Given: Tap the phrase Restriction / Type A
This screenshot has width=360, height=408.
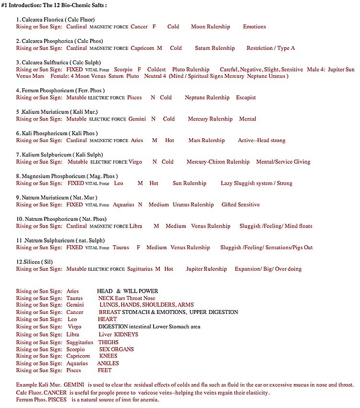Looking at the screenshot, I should pyautogui.click(x=270, y=48).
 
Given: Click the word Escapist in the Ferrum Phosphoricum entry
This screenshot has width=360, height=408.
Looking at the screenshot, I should pyautogui.click(x=246, y=97).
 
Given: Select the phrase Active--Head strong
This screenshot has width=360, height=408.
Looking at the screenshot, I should pyautogui.click(x=262, y=141).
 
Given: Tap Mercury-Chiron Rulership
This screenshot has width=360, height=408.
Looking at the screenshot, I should pyautogui.click(x=218, y=162).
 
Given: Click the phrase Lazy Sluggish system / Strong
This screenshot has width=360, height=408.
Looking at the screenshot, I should pyautogui.click(x=256, y=183).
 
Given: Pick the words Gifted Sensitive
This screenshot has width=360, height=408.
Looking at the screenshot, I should pyautogui.click(x=240, y=204).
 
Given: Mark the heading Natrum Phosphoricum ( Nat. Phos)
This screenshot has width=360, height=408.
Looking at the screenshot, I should pyautogui.click(x=61, y=219).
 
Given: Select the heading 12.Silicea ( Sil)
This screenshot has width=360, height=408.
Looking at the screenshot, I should pyautogui.click(x=34, y=262).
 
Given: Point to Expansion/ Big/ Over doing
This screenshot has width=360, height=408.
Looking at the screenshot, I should pyautogui.click(x=268, y=269).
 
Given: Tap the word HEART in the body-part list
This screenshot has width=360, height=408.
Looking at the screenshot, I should pyautogui.click(x=107, y=319).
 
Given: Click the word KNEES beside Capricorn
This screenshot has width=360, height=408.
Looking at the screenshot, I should pyautogui.click(x=108, y=356).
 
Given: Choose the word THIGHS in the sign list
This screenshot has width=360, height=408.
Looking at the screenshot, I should pyautogui.click(x=108, y=342).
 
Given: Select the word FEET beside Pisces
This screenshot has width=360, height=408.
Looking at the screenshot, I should pyautogui.click(x=104, y=370).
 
